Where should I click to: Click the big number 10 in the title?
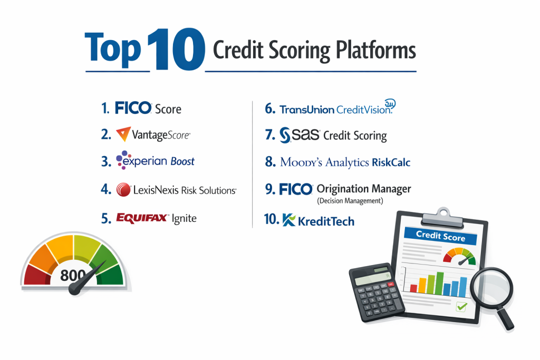[176, 50]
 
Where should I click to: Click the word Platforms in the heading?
[375, 51]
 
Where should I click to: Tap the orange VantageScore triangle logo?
[123, 134]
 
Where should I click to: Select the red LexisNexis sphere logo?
[123, 190]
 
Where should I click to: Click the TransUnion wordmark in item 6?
[307, 110]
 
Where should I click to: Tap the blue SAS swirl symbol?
[285, 135]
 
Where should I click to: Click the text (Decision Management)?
[350, 201]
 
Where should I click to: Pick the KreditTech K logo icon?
[288, 220]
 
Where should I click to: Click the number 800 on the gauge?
[73, 275]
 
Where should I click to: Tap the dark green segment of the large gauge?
[111, 275]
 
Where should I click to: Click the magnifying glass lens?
[491, 287]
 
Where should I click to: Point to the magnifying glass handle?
[506, 318]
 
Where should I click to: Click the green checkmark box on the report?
[461, 306]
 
